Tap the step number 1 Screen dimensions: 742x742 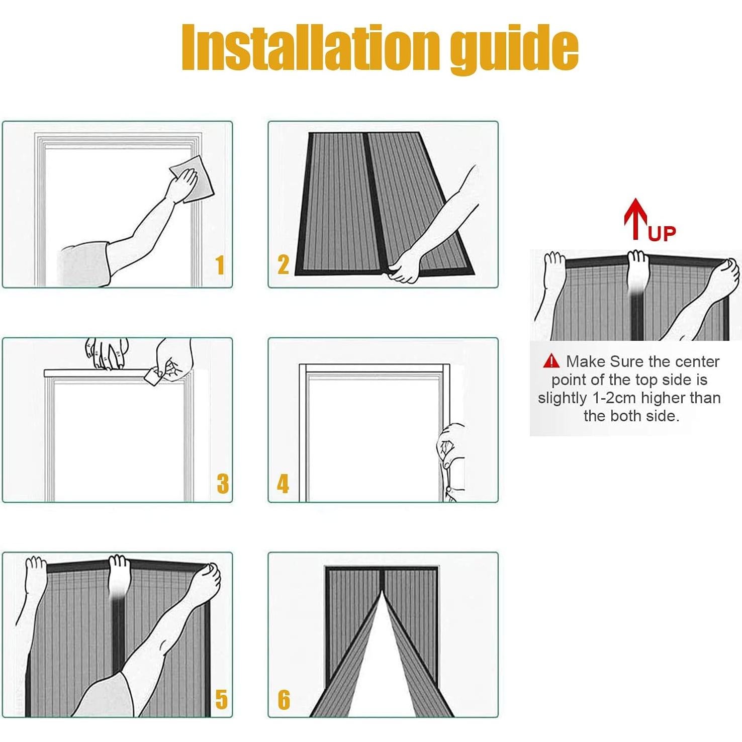(x=220, y=265)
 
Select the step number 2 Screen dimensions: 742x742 (x=284, y=264)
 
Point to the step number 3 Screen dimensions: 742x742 (x=223, y=483)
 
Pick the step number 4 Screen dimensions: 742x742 (x=284, y=483)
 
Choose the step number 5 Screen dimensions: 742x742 (x=221, y=699)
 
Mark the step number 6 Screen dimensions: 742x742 (x=284, y=699)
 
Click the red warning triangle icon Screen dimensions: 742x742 (x=551, y=361)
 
